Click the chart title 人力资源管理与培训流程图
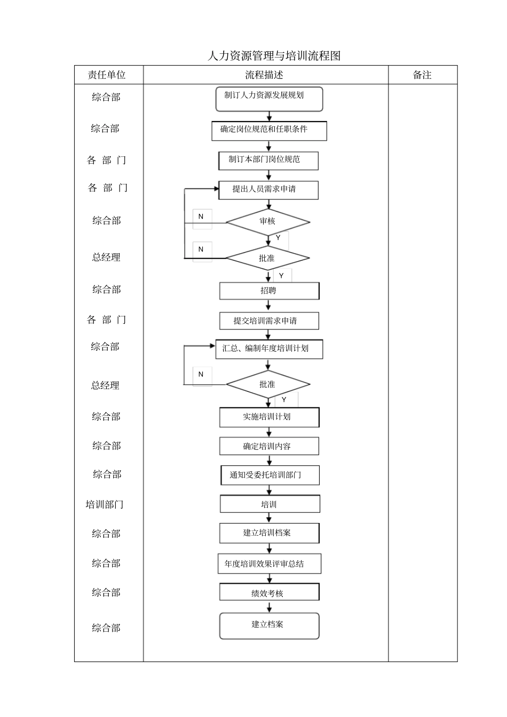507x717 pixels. (274, 55)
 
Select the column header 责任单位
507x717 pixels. (107, 75)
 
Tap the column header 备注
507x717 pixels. (422, 75)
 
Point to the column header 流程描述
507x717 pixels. (265, 75)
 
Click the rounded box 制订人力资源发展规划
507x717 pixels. (269, 99)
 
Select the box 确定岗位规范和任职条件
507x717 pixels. (269, 131)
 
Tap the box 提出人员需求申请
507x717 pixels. (268, 190)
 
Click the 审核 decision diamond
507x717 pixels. (267, 222)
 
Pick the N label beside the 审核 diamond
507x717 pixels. (201, 217)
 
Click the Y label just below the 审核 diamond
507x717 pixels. (278, 238)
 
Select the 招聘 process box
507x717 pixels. (269, 291)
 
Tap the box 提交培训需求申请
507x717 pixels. (269, 321)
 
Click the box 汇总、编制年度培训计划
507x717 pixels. (269, 349)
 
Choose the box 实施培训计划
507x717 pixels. (269, 417)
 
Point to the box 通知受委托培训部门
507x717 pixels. (270, 475)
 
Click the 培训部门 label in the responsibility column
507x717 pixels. (105, 504)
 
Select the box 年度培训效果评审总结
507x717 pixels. (269, 564)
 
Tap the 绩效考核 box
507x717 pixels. (269, 592)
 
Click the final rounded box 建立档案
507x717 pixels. (269, 626)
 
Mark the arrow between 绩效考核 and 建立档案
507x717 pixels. (270, 607)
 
